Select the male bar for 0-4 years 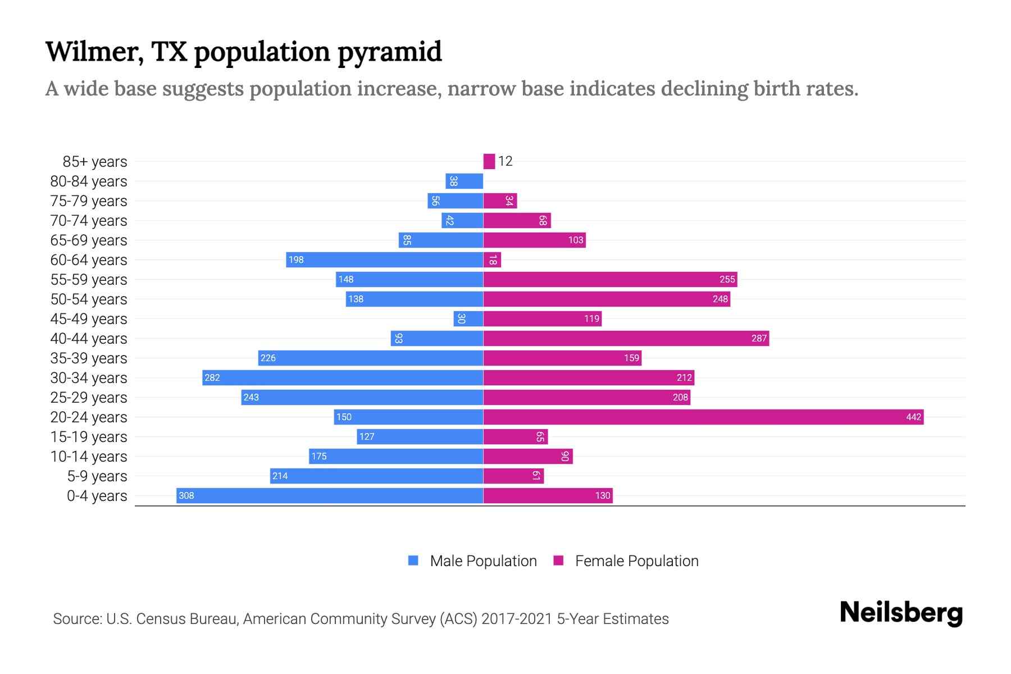pyautogui.click(x=330, y=495)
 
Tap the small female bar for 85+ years pyautogui.click(x=489, y=161)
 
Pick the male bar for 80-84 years pyautogui.click(x=464, y=181)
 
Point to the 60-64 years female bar pyautogui.click(x=492, y=259)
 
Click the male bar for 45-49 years pyautogui.click(x=468, y=318)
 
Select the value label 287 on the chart pyautogui.click(x=759, y=338)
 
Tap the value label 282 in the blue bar pyautogui.click(x=212, y=377)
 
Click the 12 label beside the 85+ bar pyautogui.click(x=505, y=161)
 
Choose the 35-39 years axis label pyautogui.click(x=89, y=358)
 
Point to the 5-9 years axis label pyautogui.click(x=97, y=476)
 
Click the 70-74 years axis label pyautogui.click(x=89, y=220)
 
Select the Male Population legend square pyautogui.click(x=413, y=561)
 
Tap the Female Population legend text pyautogui.click(x=636, y=561)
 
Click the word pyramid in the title pyautogui.click(x=389, y=52)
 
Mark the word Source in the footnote pyautogui.click(x=76, y=618)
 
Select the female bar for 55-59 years pyautogui.click(x=610, y=279)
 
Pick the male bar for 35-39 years pyautogui.click(x=371, y=358)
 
